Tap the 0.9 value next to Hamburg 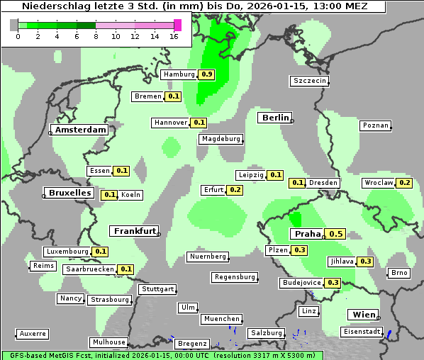[x=206, y=74]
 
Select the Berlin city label [x=274, y=118]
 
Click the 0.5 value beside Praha [x=336, y=234]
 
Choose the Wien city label [x=362, y=315]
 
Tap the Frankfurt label [x=135, y=231]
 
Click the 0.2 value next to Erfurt [x=235, y=190]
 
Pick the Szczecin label [x=310, y=81]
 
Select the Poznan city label [x=376, y=125]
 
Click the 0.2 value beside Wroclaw [x=404, y=183]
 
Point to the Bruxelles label [x=69, y=193]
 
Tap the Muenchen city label [x=221, y=319]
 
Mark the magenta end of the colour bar [x=177, y=25]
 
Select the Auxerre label [x=33, y=333]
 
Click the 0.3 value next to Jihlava [x=365, y=261]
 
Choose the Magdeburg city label [x=221, y=139]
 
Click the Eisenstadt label [x=360, y=331]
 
